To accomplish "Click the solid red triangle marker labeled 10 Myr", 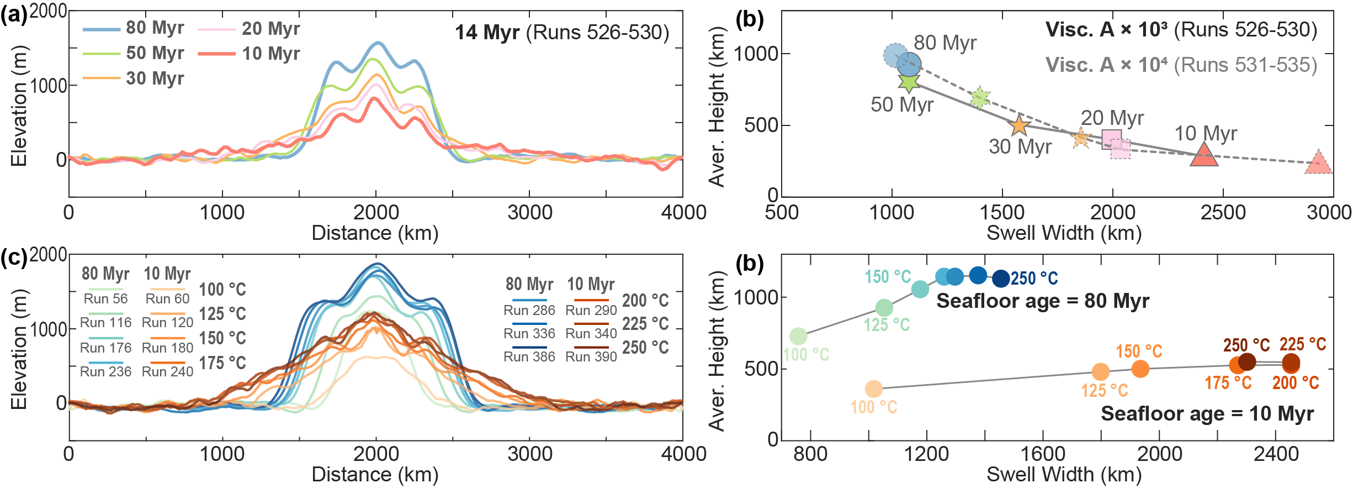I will pos(1204,155).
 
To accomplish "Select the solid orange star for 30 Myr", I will pos(1019,126).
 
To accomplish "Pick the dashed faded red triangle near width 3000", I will pos(1318,163).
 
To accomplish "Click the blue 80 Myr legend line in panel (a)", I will pos(102,29).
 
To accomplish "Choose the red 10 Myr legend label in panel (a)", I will pos(271,54).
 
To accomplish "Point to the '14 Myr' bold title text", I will pos(487,33).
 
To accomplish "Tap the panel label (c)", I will pos(13,258).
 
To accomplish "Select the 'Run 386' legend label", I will pos(529,357).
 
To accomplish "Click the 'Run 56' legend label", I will pos(105,299).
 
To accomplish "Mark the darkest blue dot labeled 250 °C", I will pos(1001,279).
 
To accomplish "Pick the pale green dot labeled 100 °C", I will pos(798,335).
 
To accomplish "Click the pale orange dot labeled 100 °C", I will pos(873,389).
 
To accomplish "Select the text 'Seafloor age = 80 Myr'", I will pos(1043,301).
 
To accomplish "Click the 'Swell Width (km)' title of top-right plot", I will pos(1064,233).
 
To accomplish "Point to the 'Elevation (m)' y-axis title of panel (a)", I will pos(19,105).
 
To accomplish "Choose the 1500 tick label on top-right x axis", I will pos(1001,213).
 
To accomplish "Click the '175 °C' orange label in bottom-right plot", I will pos(1228,383).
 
